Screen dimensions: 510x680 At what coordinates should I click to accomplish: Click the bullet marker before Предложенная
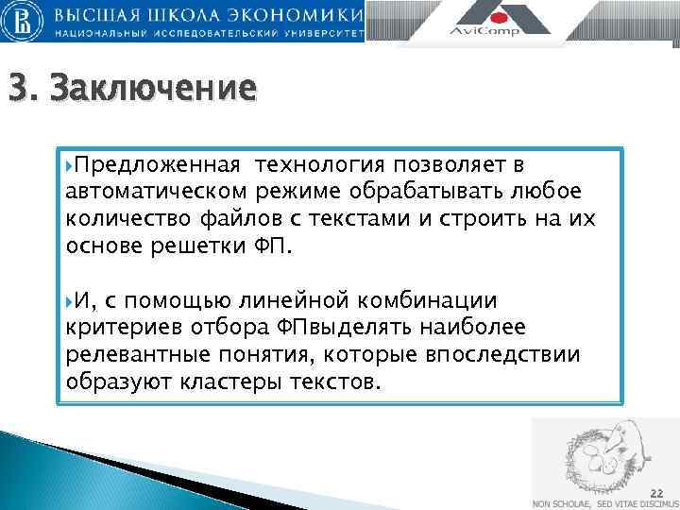point(70,166)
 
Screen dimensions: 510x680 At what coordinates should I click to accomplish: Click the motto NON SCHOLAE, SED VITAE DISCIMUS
point(605,503)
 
